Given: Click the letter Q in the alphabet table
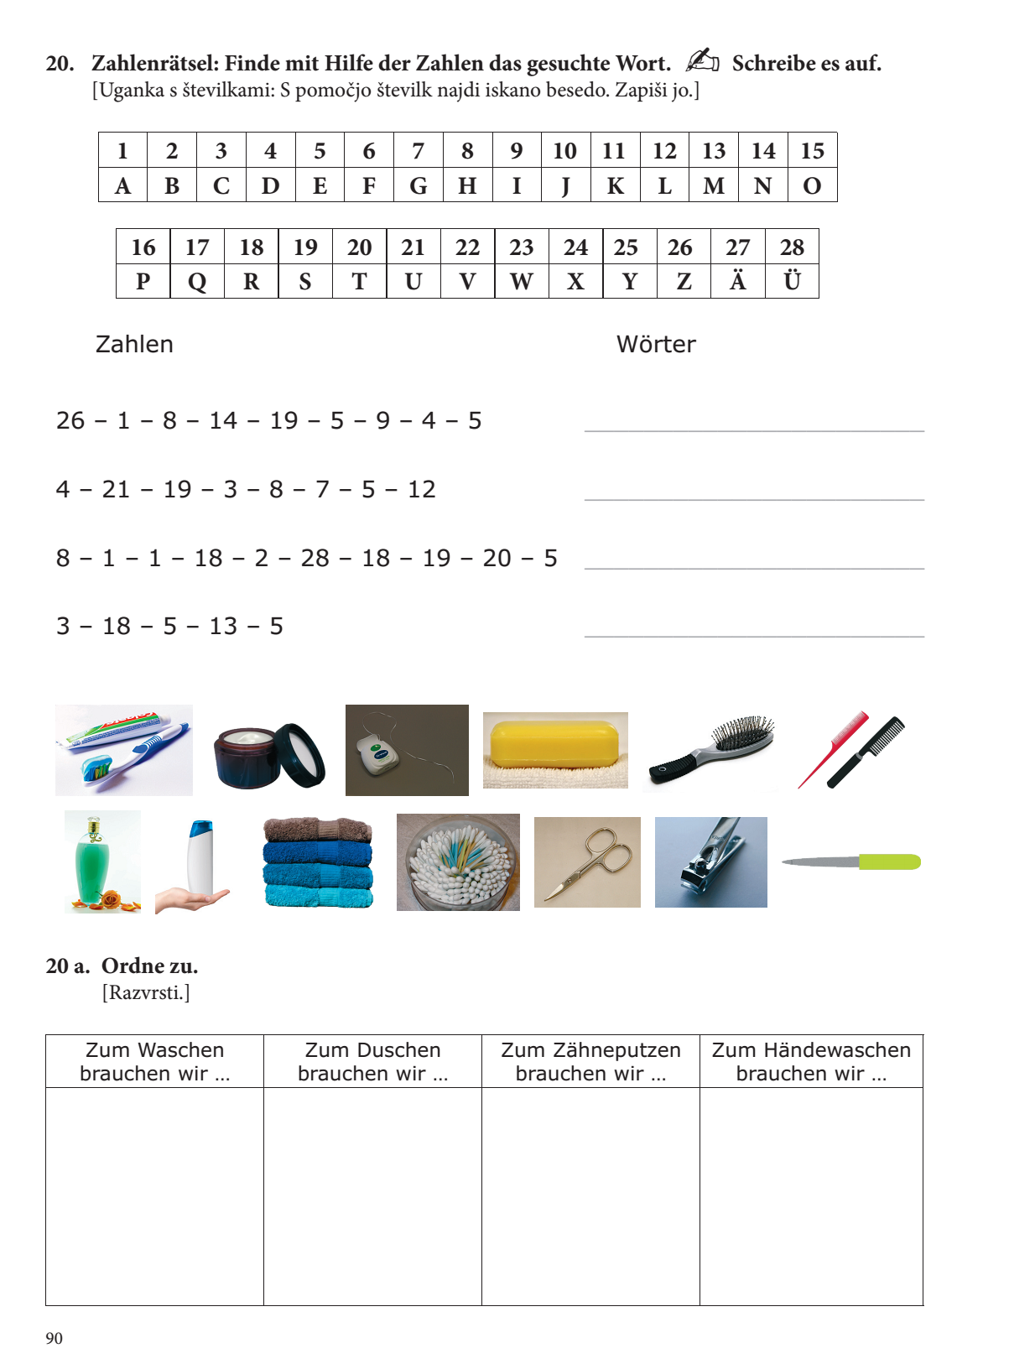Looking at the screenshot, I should point(197,282).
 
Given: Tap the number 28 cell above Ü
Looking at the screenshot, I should point(792,247).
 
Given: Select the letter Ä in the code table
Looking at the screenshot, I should point(737,281).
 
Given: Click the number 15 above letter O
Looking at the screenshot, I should point(812,151).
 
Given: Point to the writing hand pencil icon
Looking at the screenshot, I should point(702,60).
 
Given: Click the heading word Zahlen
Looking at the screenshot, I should point(134,344).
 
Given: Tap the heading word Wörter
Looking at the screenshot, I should point(656,344).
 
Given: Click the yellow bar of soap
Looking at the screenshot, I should point(554,742).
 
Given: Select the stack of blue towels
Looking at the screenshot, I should point(318,863).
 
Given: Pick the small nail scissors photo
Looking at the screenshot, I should point(587,862).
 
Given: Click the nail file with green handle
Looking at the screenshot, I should point(851,861).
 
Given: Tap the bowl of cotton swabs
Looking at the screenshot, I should point(458,862).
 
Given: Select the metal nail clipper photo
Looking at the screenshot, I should point(710,862).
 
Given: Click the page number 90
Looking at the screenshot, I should point(54,1338).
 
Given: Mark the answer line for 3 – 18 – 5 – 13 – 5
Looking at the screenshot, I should point(754,627).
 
